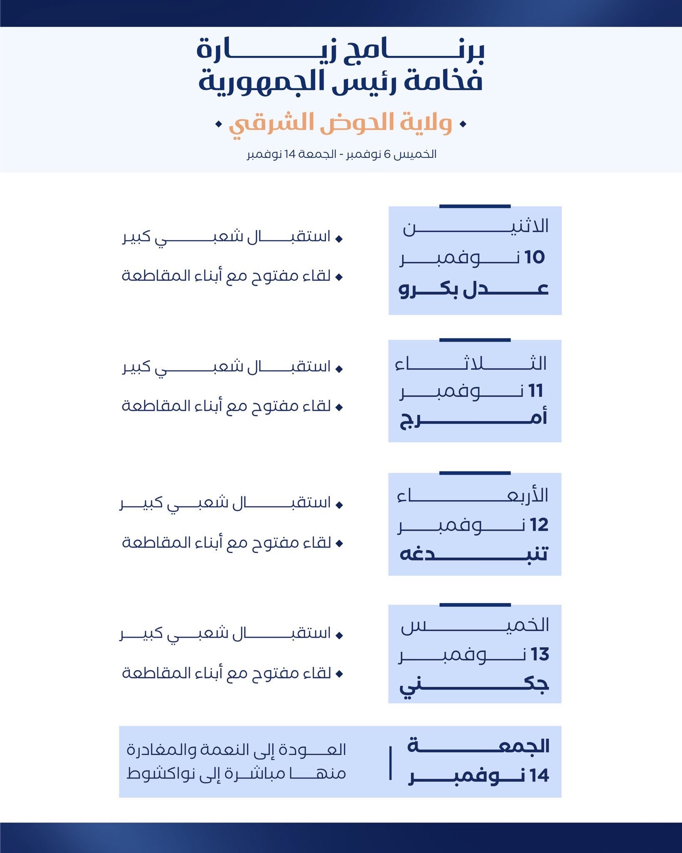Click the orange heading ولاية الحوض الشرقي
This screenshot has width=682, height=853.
click(340, 124)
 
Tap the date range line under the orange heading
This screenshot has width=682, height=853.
click(341, 154)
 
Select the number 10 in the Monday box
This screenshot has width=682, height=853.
click(535, 257)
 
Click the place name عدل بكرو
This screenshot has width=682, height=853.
click(474, 289)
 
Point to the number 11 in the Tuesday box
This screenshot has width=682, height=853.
click(535, 391)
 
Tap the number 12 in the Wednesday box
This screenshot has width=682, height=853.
click(539, 525)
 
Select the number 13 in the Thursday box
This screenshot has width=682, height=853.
click(540, 655)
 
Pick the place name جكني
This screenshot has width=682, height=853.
click(474, 685)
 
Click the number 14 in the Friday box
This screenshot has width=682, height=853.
click(540, 776)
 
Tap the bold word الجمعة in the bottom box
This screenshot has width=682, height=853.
click(479, 746)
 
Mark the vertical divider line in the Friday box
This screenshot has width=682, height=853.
click(390, 763)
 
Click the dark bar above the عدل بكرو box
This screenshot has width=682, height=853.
click(475, 206)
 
